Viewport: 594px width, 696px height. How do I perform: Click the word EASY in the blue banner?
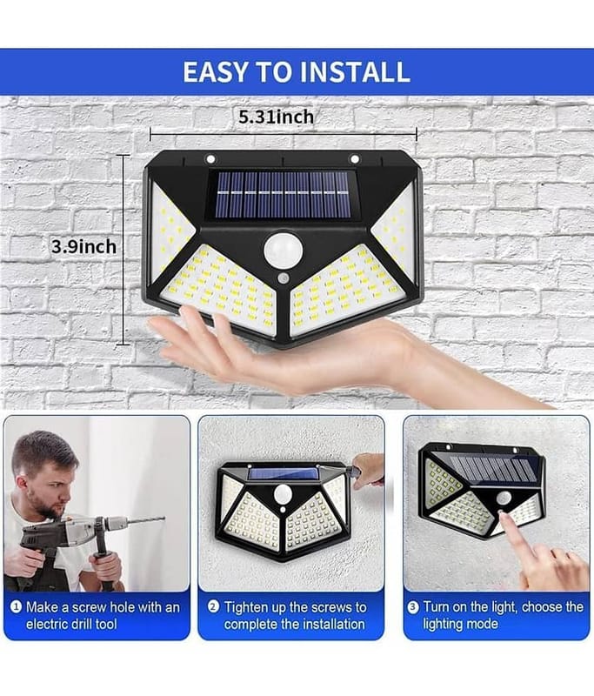coord(215,72)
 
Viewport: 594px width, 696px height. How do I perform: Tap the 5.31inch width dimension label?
coord(276,117)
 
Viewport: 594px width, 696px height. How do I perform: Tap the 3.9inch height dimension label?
coord(83,246)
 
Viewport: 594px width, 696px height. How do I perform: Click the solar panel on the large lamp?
coord(283,194)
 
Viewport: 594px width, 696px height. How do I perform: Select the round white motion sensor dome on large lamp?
coord(283,251)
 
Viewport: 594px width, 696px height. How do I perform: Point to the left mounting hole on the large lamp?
coord(210,158)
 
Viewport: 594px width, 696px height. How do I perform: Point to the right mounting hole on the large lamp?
coord(355,158)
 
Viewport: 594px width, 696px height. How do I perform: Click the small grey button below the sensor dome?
coord(283,278)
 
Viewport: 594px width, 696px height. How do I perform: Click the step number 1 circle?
coord(16,606)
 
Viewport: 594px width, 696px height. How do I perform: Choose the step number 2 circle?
coord(213,606)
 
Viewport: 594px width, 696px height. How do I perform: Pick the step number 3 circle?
coord(413,606)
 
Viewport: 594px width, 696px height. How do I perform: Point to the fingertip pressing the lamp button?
coord(501,515)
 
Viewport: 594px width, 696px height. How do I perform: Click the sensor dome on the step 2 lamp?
coord(282,494)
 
